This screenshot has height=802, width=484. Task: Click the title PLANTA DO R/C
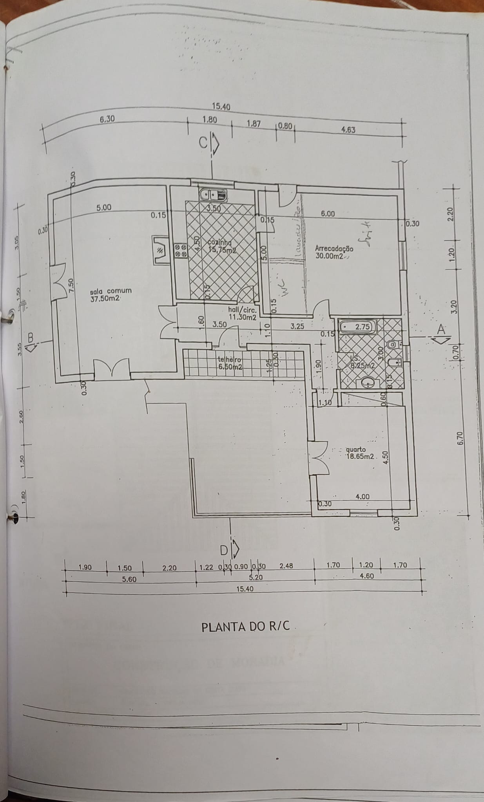[x=246, y=626]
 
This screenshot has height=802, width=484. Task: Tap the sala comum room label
[x=111, y=294]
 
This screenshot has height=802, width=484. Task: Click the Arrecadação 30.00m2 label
[x=334, y=252]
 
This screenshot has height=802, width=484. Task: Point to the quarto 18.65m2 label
[x=360, y=453]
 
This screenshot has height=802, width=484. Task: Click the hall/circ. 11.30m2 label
[x=242, y=313]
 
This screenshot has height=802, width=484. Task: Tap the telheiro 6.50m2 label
[x=231, y=363]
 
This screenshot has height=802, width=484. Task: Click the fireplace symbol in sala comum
[x=160, y=251]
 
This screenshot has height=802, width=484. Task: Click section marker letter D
[x=223, y=551]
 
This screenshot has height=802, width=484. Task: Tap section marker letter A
[x=441, y=329]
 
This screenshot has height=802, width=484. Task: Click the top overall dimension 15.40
[x=221, y=107]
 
